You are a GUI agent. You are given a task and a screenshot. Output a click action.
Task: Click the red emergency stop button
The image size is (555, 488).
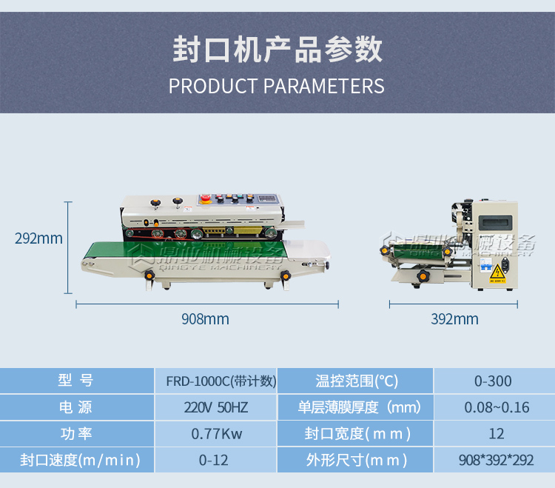coord(205,200)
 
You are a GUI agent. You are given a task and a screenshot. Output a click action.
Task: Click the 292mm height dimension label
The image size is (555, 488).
coord(38,238)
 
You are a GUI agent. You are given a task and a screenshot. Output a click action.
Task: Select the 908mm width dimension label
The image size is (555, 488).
coord(205,319)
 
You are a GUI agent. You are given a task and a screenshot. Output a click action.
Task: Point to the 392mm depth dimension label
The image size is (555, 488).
coord(454,319)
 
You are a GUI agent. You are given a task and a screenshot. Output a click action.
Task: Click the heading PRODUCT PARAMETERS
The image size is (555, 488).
coord(277,86)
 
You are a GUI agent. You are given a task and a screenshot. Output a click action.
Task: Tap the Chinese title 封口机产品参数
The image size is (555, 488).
coord(277,50)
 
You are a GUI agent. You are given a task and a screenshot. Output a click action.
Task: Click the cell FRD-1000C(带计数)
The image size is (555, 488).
coord(216,381)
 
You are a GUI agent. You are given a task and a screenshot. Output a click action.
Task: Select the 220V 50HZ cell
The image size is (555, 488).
coord(216,407)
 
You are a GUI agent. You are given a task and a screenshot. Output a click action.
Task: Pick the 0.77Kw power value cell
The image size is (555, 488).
coord(216,434)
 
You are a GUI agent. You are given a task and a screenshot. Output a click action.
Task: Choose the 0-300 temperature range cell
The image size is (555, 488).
coord(493,381)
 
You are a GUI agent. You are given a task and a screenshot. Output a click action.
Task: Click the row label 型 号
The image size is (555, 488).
coord(76,381)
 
